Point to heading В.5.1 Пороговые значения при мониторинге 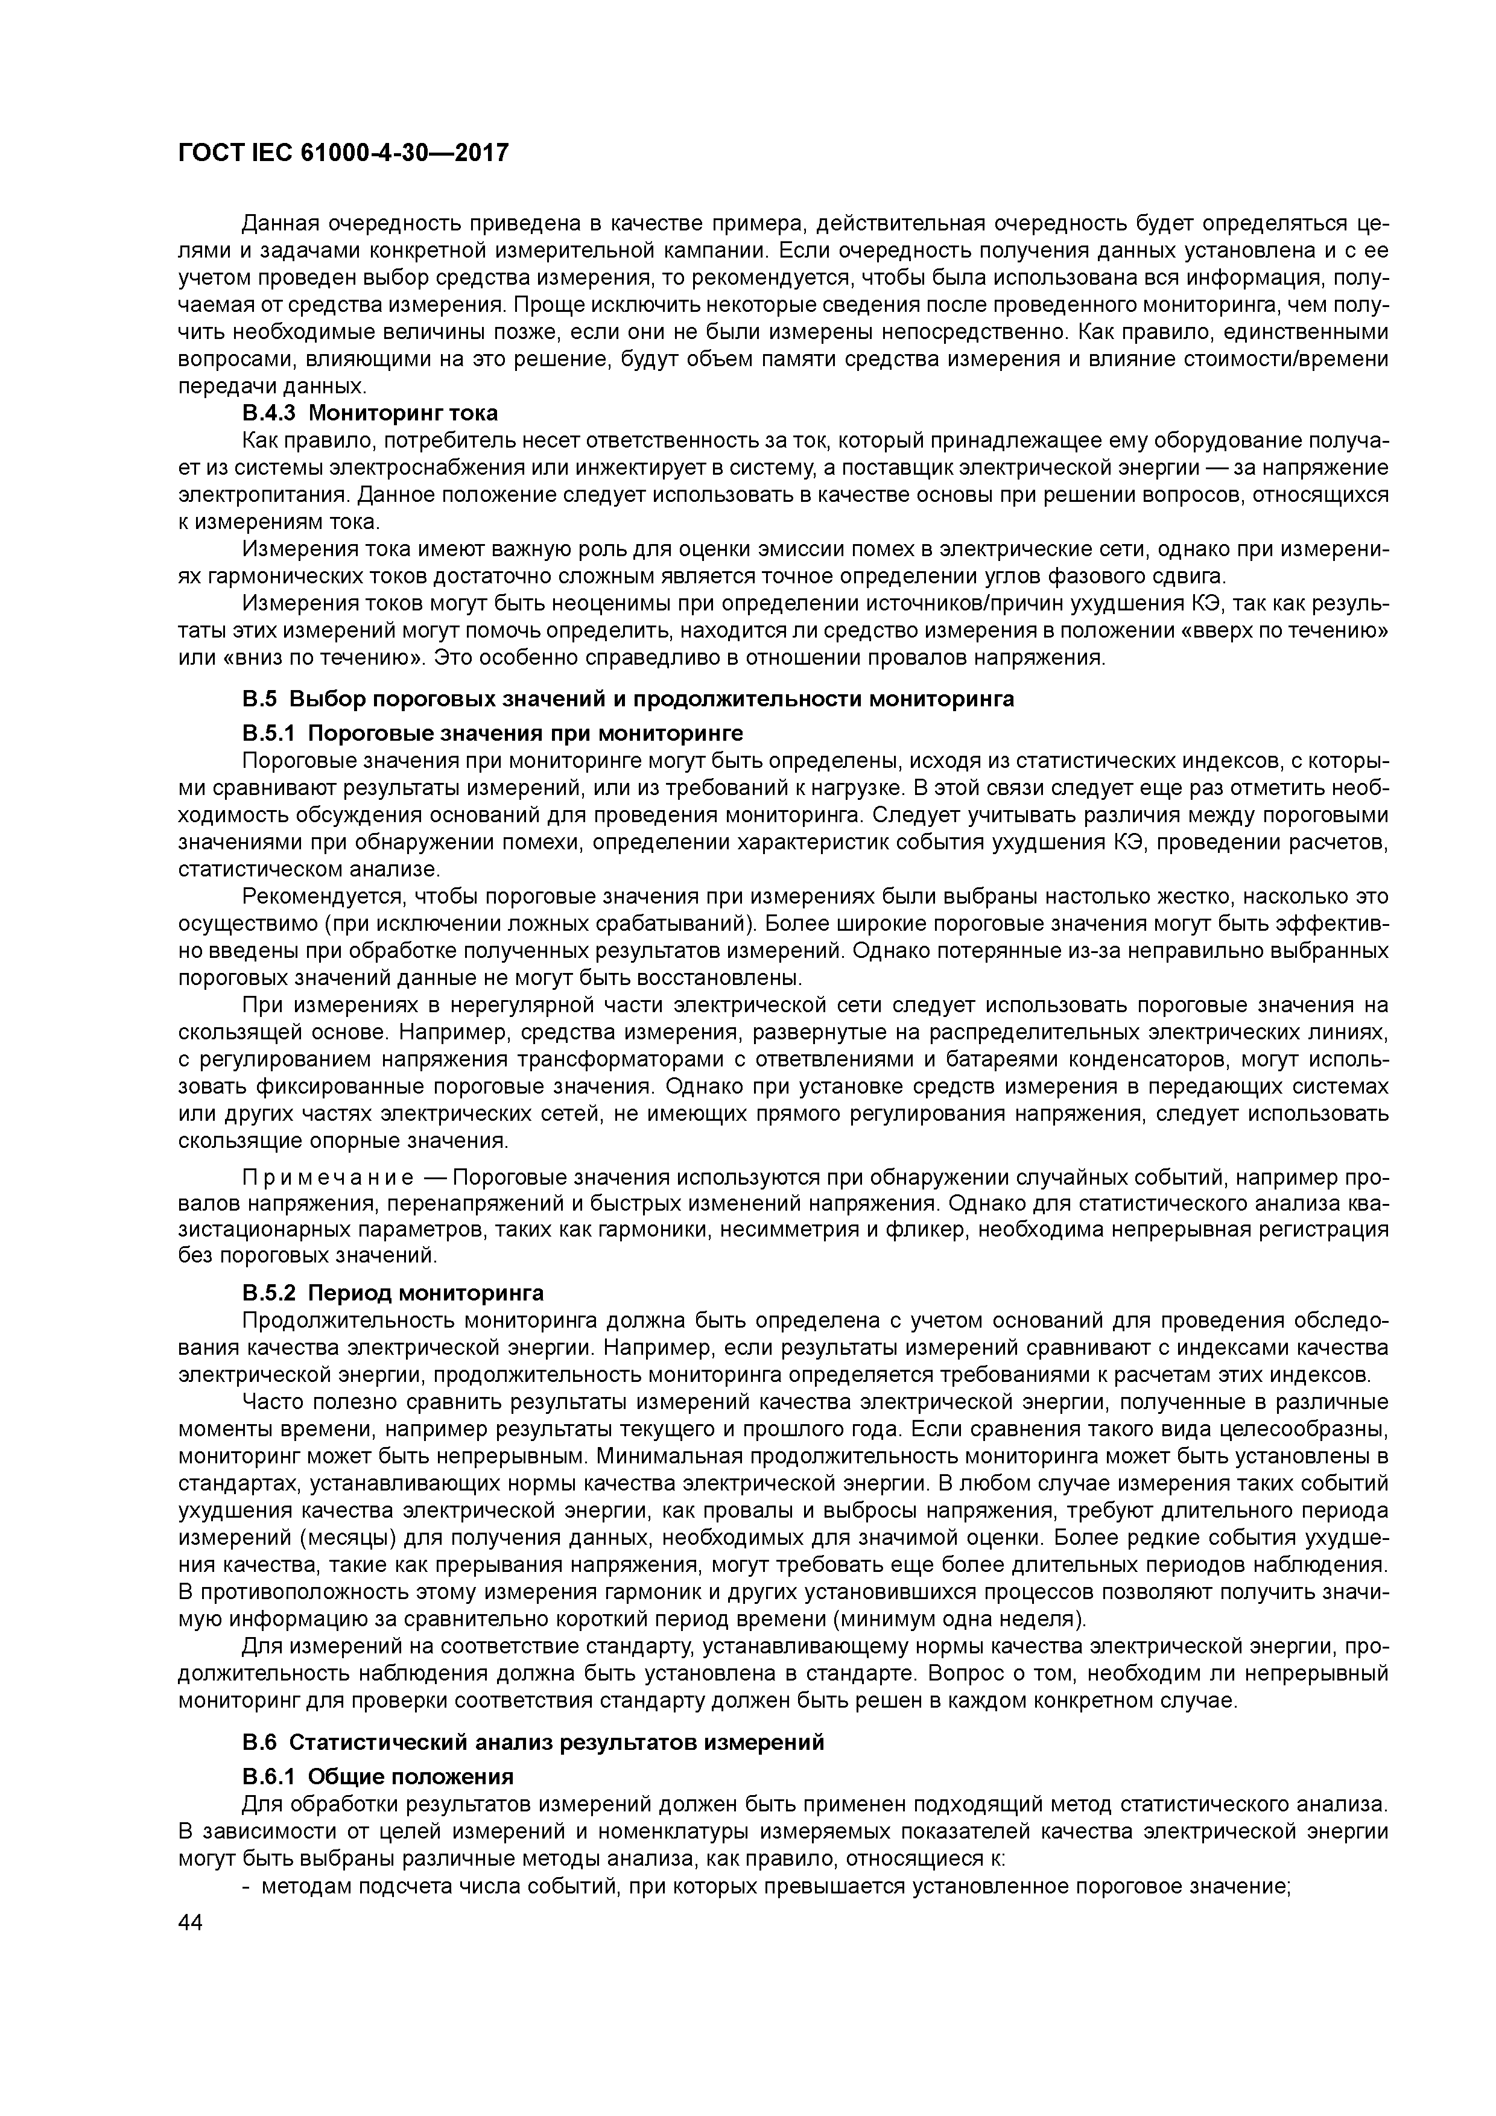coord(492,733)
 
